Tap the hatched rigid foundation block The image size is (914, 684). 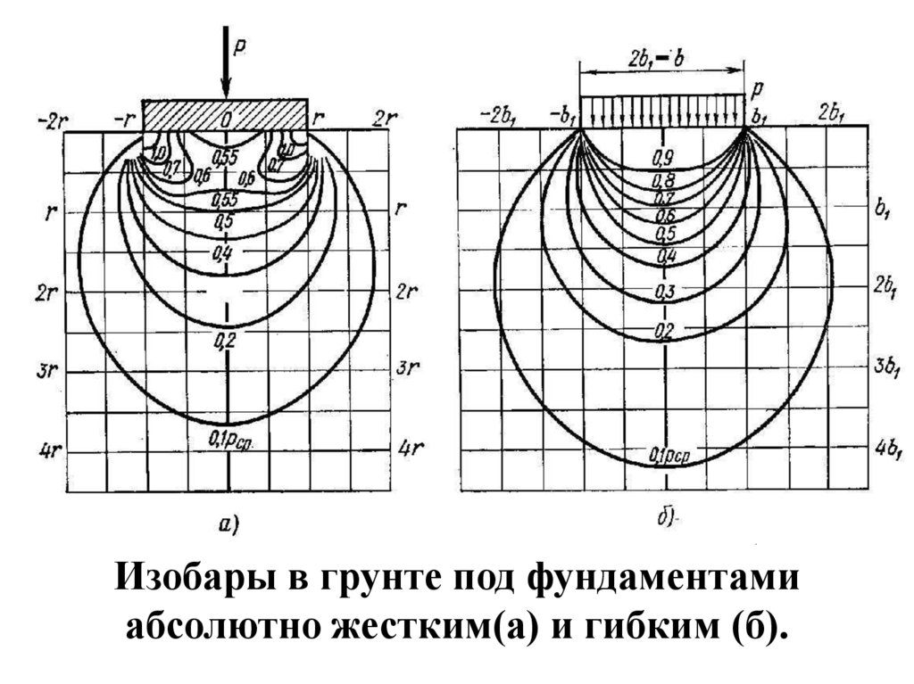click(225, 114)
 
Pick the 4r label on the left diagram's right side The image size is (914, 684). click(406, 449)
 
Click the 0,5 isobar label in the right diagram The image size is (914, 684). click(663, 234)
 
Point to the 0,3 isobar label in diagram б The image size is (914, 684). click(663, 293)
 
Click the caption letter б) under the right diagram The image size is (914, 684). click(668, 517)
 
